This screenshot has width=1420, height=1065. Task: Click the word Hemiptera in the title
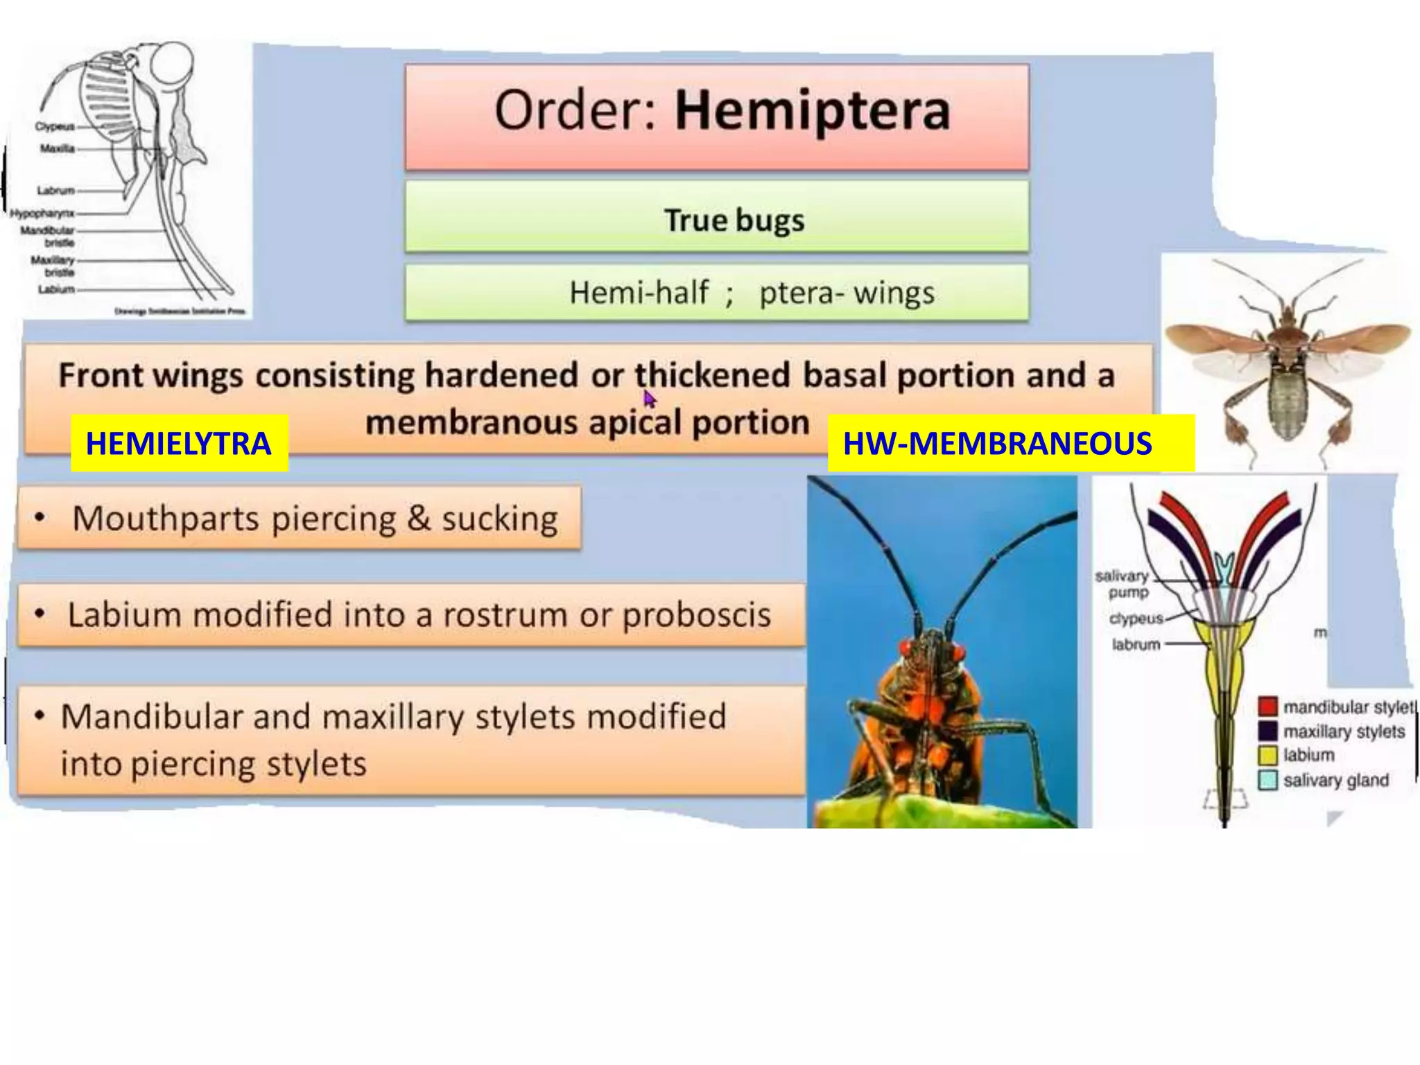(812, 112)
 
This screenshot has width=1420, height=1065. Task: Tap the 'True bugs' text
(734, 220)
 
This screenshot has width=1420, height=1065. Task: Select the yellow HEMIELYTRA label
(178, 444)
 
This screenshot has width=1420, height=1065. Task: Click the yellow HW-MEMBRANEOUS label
(997, 444)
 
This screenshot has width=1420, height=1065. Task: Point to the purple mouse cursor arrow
(649, 399)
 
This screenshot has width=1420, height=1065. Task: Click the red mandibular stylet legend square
(1267, 707)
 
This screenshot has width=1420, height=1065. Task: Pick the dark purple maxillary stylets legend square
(1267, 731)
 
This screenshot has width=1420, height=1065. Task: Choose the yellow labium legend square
(1267, 755)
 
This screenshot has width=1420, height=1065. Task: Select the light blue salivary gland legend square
(1267, 780)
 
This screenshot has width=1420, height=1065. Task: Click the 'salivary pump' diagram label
(1122, 584)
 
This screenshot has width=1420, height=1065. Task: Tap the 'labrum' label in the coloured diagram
(1136, 644)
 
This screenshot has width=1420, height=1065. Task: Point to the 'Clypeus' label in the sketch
(54, 127)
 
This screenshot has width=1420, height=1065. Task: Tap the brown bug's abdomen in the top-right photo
(1287, 402)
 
